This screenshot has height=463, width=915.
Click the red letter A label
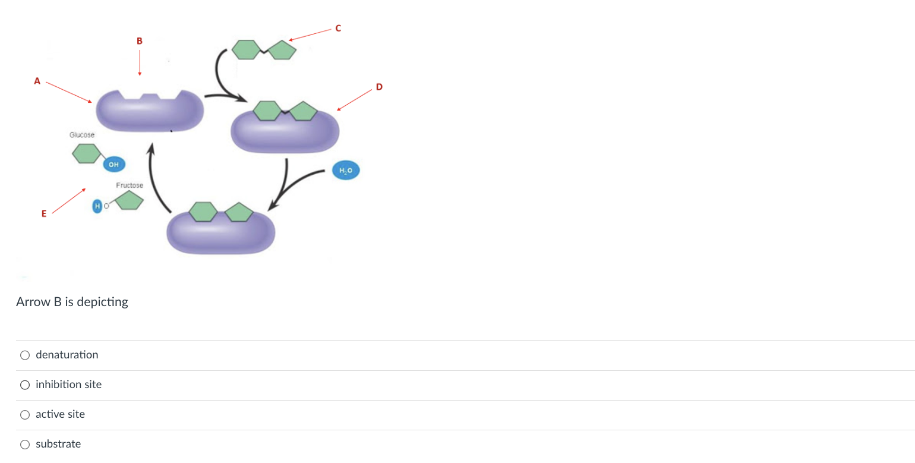[x=37, y=81]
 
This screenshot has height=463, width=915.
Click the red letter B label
[x=140, y=41]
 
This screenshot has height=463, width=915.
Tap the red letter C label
[x=338, y=28]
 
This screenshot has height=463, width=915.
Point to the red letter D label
[x=380, y=88]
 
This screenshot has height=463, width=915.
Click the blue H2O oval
[x=346, y=171]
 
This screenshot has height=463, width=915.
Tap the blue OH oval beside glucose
[x=113, y=163]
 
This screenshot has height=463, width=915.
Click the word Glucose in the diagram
[x=81, y=135]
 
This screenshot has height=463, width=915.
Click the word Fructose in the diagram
[x=130, y=185]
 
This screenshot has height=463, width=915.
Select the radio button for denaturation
[x=25, y=355]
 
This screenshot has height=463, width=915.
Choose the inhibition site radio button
[x=25, y=385]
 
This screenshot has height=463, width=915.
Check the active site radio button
[x=25, y=414]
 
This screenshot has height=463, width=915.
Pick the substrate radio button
[x=25, y=444]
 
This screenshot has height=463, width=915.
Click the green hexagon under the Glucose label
[x=86, y=153]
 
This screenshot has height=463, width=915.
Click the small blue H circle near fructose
[x=97, y=206]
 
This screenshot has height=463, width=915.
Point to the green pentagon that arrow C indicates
[x=282, y=50]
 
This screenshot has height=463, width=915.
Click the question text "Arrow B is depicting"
[x=72, y=302]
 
